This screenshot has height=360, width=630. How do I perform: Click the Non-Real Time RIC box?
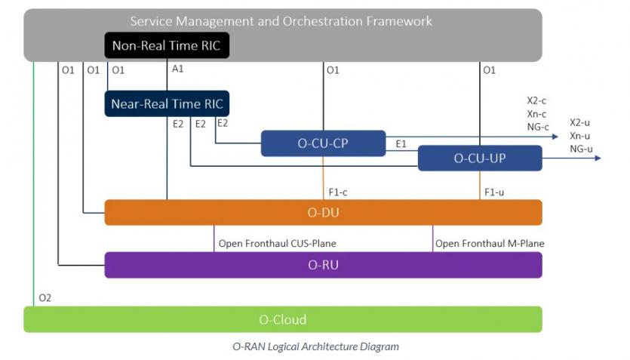click(x=166, y=46)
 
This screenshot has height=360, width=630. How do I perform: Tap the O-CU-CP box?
click(x=323, y=143)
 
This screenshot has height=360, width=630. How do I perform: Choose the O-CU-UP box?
click(x=480, y=158)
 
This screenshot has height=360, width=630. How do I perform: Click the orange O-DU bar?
click(x=323, y=212)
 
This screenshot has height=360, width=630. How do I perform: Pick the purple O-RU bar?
click(x=323, y=265)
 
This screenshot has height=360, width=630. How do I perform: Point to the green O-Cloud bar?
click(x=283, y=319)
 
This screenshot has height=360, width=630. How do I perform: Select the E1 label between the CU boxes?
click(x=401, y=143)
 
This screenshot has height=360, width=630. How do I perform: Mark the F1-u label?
click(x=494, y=192)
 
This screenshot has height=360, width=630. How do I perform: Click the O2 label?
click(x=45, y=298)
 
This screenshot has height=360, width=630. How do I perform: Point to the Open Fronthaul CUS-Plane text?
click(x=277, y=243)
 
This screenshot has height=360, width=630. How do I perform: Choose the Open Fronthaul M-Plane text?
click(x=489, y=243)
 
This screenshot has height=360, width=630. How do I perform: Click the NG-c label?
click(x=538, y=126)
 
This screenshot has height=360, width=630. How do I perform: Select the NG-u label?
click(x=581, y=149)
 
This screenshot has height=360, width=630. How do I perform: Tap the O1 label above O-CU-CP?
click(x=333, y=70)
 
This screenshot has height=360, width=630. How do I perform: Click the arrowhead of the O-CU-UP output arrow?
click(x=598, y=158)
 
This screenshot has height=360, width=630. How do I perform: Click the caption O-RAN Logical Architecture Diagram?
click(x=315, y=346)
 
